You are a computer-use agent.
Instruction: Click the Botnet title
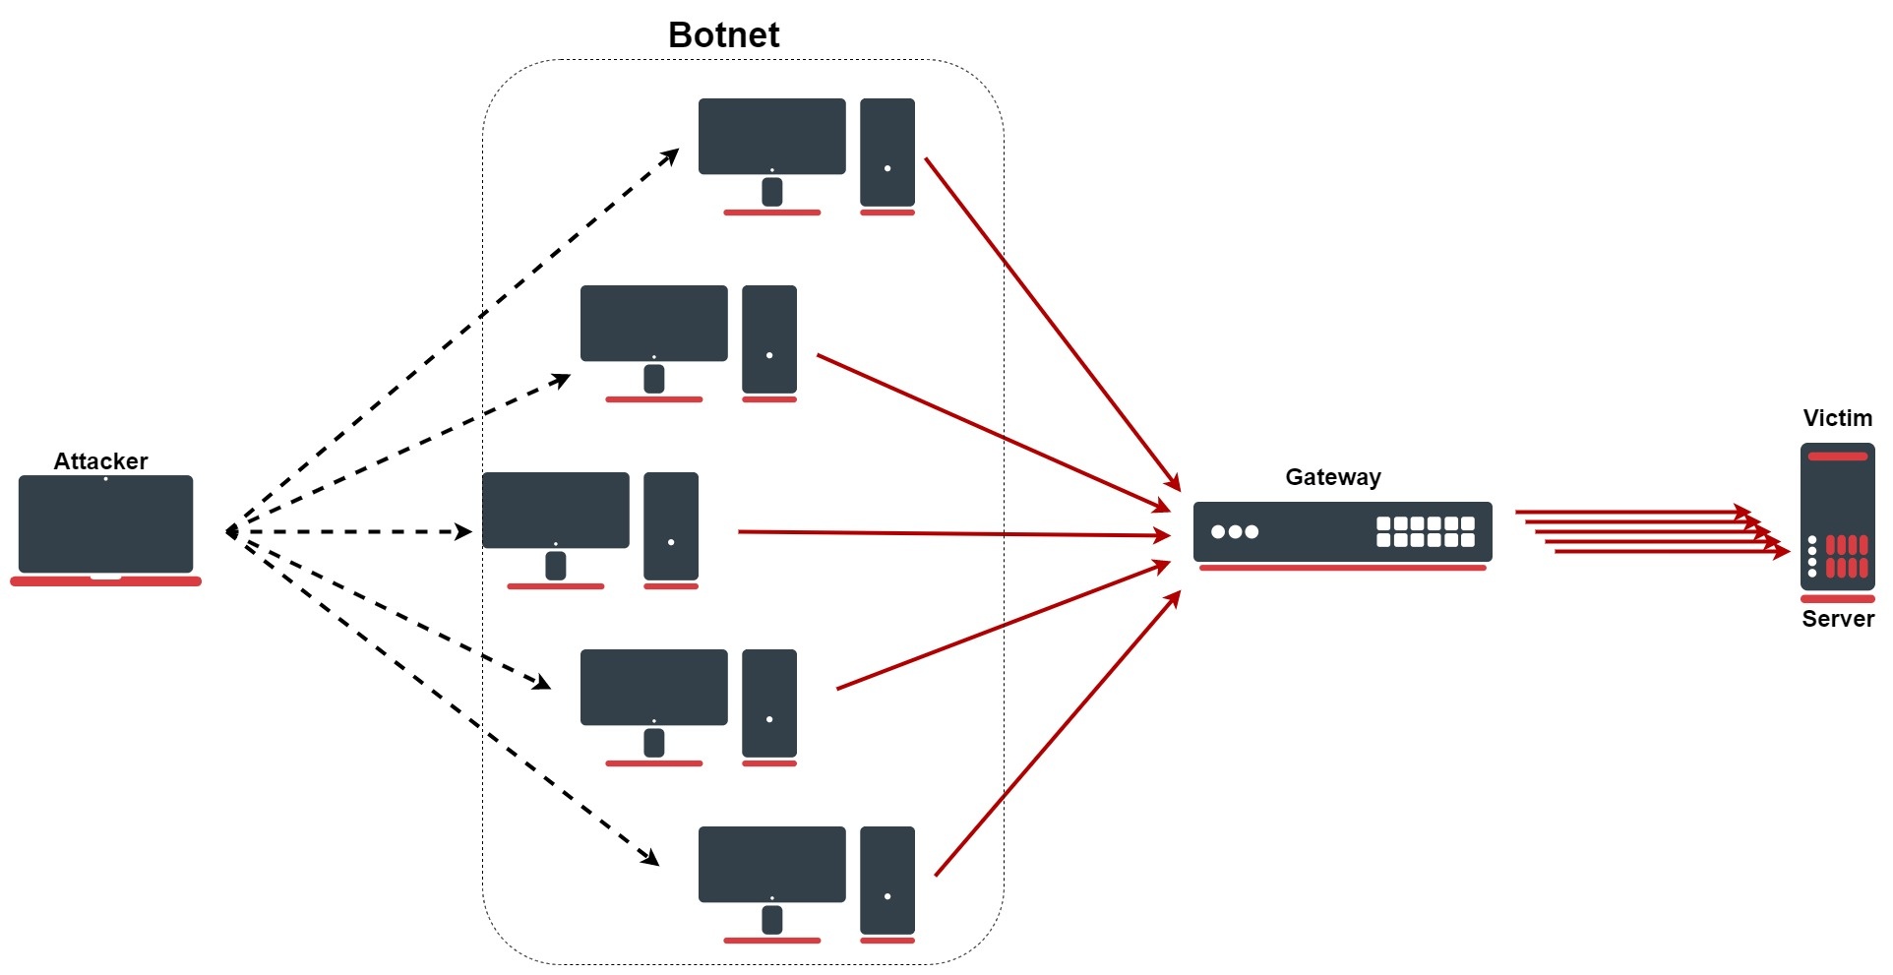click(x=723, y=35)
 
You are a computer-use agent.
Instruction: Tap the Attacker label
click(x=100, y=461)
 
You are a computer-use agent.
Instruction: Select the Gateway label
click(x=1332, y=477)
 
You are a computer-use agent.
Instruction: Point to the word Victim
click(x=1837, y=418)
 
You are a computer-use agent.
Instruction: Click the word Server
click(x=1837, y=619)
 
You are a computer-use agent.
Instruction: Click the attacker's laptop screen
click(x=105, y=524)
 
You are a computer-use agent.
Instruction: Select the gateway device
click(x=1342, y=532)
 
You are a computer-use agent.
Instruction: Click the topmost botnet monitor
click(x=771, y=136)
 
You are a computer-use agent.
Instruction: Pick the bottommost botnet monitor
click(x=771, y=864)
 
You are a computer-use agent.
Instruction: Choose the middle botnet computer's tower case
click(x=671, y=525)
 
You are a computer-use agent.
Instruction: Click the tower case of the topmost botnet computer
click(x=887, y=152)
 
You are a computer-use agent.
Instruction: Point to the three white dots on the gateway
click(x=1235, y=532)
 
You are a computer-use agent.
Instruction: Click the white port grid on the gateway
click(x=1425, y=532)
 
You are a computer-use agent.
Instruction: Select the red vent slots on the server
click(x=1846, y=556)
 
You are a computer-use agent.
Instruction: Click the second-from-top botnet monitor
click(x=653, y=323)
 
